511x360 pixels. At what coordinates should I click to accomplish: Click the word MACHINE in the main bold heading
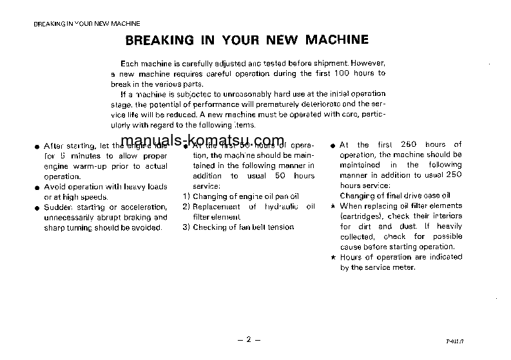(x=334, y=40)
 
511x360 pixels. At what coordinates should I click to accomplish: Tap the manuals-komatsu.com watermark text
(x=202, y=141)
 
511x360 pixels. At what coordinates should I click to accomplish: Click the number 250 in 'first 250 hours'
(x=409, y=145)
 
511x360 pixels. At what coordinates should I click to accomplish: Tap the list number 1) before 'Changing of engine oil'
(x=186, y=196)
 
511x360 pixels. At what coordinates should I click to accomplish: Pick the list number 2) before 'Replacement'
(x=186, y=207)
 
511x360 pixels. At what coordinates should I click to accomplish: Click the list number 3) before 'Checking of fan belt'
(x=186, y=227)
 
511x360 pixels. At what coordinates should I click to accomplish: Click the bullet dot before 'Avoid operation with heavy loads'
(x=37, y=187)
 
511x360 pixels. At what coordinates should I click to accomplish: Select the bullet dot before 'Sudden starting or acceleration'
(x=37, y=207)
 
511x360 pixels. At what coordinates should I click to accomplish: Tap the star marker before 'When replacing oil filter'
(x=333, y=206)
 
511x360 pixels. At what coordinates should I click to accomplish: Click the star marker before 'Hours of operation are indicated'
(x=333, y=257)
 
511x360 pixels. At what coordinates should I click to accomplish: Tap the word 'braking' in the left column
(x=130, y=217)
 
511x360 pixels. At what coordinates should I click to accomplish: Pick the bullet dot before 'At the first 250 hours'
(x=333, y=146)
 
